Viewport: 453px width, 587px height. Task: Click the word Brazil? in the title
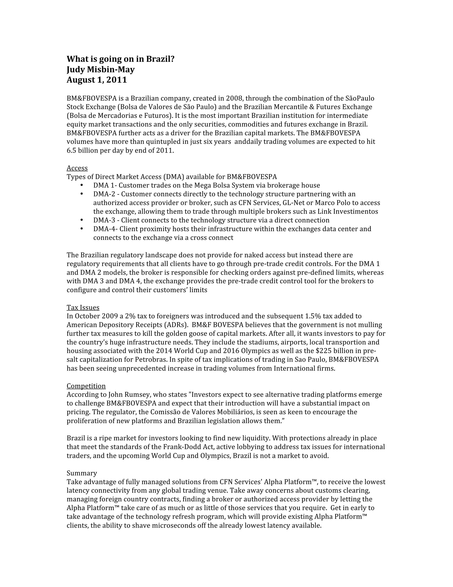coord(160,59)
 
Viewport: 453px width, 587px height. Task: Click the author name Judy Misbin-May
coord(101,70)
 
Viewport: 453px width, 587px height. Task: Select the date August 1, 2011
coord(97,80)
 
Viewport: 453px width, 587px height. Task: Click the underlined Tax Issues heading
coord(83,307)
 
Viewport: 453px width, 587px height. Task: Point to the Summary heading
coord(82,473)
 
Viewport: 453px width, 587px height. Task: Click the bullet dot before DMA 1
coord(82,185)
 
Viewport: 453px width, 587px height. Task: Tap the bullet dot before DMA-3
coord(82,220)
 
